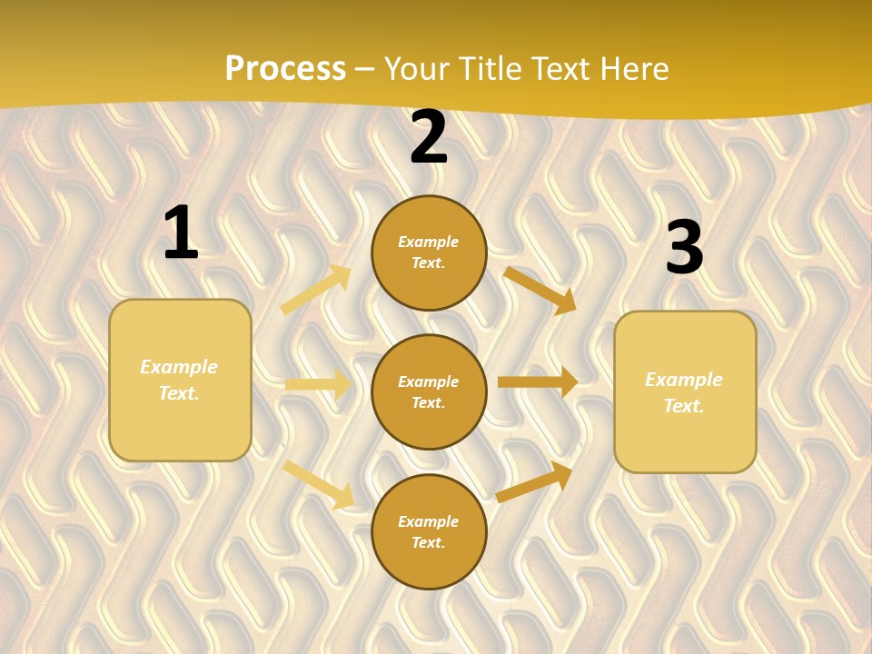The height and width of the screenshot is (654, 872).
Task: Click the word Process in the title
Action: tap(285, 69)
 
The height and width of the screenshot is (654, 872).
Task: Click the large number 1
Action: tap(181, 233)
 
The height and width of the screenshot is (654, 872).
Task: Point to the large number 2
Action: tap(429, 137)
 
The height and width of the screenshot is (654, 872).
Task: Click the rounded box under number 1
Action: tap(180, 380)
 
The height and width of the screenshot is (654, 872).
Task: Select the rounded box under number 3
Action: tap(685, 392)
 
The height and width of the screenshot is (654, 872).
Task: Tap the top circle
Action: tap(429, 253)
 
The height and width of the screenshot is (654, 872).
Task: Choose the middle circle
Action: tap(429, 391)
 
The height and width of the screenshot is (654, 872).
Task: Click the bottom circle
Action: tap(429, 531)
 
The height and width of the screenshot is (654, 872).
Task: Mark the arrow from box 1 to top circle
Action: tap(316, 290)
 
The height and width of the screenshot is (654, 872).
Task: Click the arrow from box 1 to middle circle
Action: tap(318, 385)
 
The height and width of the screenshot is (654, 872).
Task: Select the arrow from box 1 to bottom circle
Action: tap(318, 484)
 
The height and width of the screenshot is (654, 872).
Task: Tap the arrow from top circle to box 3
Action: tap(540, 290)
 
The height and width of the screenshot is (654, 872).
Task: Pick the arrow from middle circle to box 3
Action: tap(538, 382)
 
